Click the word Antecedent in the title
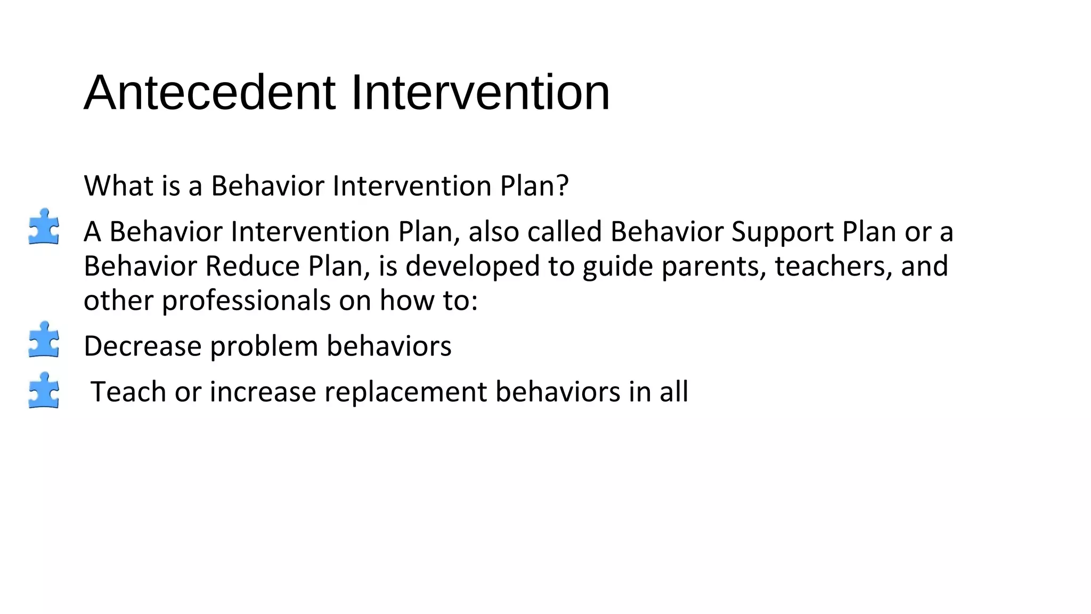(210, 93)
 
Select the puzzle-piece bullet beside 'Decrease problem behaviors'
(44, 340)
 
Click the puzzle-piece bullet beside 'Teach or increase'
(44, 390)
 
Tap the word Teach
(128, 392)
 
